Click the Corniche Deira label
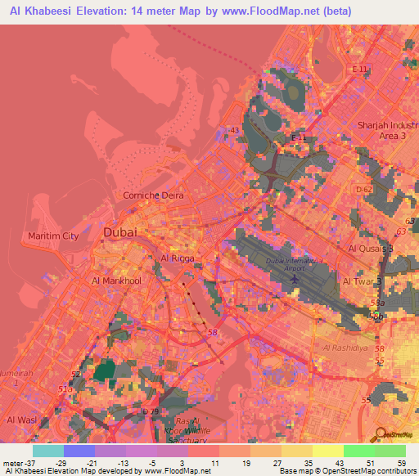(x=153, y=195)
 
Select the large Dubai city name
(x=119, y=233)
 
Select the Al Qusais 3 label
(x=370, y=248)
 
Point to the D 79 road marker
(x=150, y=411)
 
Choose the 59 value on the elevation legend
(x=400, y=463)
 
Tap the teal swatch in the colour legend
(x=47, y=451)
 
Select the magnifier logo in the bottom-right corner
(x=380, y=434)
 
